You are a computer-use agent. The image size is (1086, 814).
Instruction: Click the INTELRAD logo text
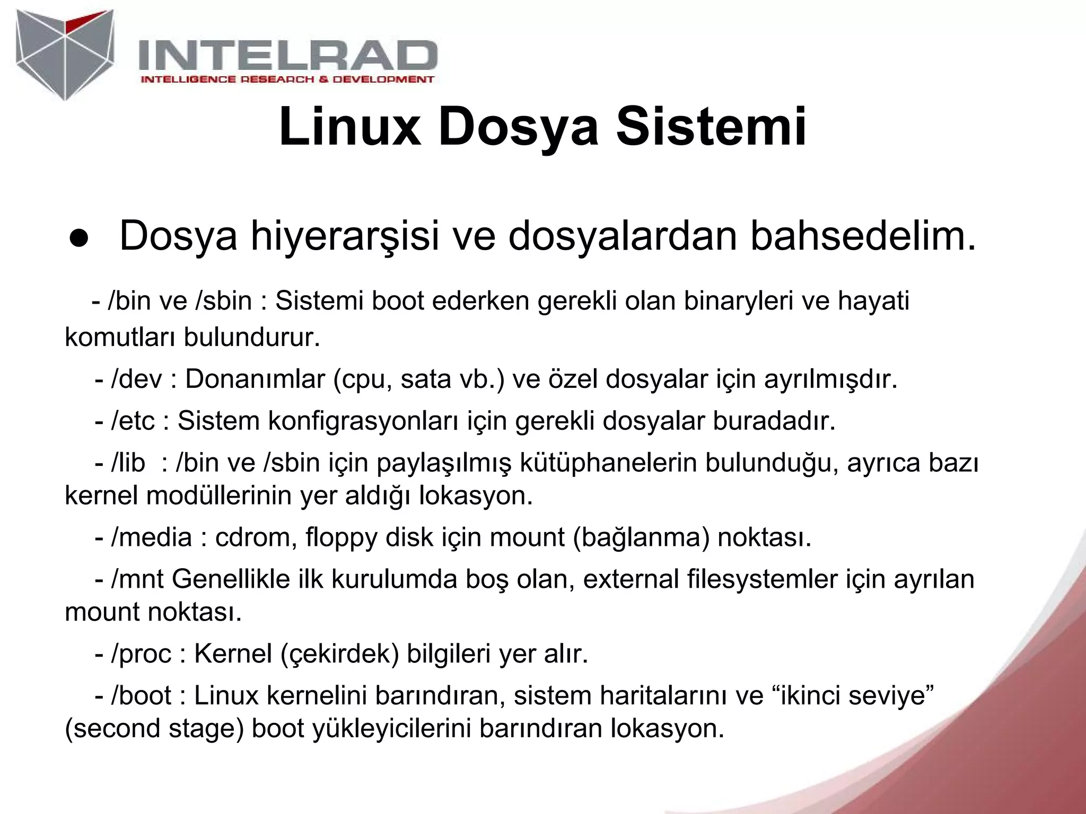(x=287, y=55)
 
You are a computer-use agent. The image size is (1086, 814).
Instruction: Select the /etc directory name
(x=133, y=421)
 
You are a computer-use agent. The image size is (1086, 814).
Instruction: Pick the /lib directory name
(x=128, y=463)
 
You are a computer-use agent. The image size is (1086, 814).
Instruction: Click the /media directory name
(x=151, y=537)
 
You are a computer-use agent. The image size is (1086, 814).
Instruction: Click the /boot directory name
(x=141, y=696)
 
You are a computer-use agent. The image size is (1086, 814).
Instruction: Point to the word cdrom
(x=255, y=537)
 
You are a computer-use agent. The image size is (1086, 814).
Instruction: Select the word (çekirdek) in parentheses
(x=339, y=654)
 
